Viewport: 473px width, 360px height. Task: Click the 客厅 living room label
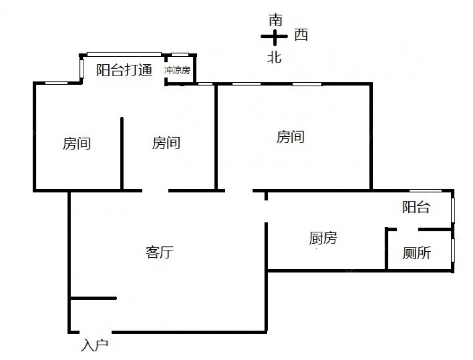pyautogui.click(x=159, y=253)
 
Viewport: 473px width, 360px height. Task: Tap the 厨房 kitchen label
pyautogui.click(x=323, y=238)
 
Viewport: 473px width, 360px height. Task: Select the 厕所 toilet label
pyautogui.click(x=417, y=254)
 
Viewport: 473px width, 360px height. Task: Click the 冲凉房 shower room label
pyautogui.click(x=177, y=71)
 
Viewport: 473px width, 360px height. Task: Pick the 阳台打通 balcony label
pyautogui.click(x=124, y=70)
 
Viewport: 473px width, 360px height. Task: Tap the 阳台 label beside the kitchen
pyautogui.click(x=416, y=207)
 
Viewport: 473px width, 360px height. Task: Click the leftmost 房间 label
pyautogui.click(x=77, y=143)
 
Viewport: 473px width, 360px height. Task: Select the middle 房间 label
pyautogui.click(x=166, y=143)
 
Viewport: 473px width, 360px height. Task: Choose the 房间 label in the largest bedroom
pyautogui.click(x=290, y=137)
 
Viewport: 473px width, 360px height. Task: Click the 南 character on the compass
pyautogui.click(x=275, y=20)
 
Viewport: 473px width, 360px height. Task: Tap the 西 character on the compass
pyautogui.click(x=301, y=35)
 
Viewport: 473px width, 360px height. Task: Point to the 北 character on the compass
pyautogui.click(x=274, y=57)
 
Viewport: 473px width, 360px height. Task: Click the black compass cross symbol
pyautogui.click(x=274, y=36)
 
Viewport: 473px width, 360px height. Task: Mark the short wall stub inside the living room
pyautogui.click(x=94, y=298)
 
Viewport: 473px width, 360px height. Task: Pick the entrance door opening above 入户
pyautogui.click(x=95, y=331)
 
